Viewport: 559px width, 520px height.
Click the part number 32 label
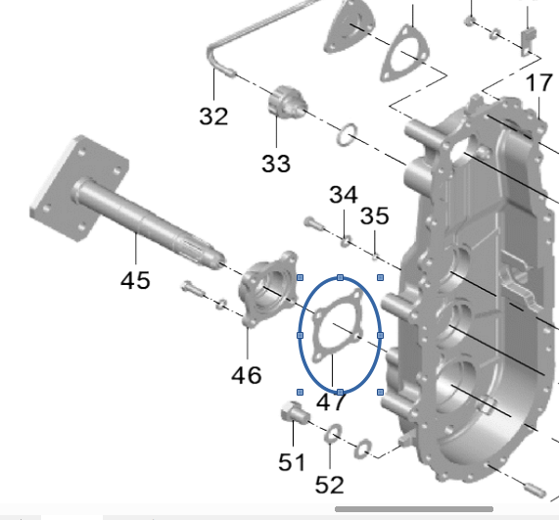213,117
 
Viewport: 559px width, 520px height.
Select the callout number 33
276,164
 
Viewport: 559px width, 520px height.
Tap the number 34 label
344,195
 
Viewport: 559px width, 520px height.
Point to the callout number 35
374,216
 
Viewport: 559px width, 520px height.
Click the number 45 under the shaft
135,280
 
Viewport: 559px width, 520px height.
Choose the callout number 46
247,375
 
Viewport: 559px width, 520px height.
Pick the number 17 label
539,82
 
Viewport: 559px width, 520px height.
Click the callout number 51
292,462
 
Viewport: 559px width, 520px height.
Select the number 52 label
330,485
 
